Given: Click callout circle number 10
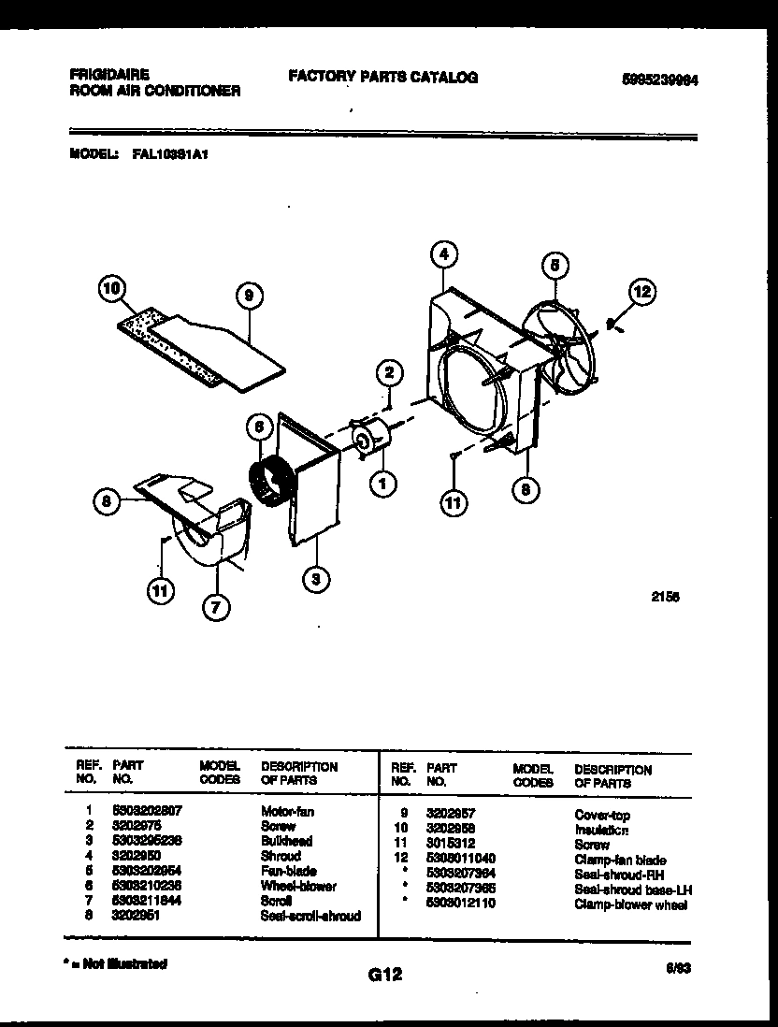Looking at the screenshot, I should [112, 291].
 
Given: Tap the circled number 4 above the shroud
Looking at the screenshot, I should [445, 253].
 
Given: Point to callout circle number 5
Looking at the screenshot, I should [555, 266].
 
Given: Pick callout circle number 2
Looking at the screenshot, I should [389, 372].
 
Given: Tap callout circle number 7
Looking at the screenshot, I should [216, 607].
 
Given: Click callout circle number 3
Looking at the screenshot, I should [316, 580].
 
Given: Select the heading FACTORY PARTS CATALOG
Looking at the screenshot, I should [382, 78].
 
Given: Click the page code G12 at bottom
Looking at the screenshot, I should [385, 975].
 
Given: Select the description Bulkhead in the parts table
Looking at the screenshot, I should [286, 841].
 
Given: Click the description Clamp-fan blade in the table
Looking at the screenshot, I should [620, 859].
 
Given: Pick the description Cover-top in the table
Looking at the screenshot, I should [602, 815].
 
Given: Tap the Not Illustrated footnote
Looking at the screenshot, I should [117, 962].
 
